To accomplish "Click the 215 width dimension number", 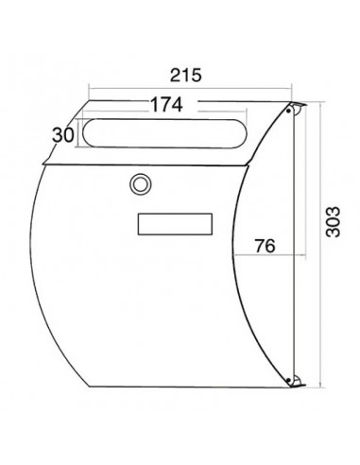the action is click(185, 75).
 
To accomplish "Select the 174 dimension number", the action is click(166, 104).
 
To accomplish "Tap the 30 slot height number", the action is click(63, 135).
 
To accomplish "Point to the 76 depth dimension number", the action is click(265, 246).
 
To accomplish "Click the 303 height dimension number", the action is click(334, 221).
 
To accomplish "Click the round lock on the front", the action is click(141, 184).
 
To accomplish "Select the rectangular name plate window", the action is click(175, 224).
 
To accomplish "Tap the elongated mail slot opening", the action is click(163, 133).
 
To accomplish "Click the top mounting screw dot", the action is click(288, 111).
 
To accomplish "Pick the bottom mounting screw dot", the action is click(288, 380).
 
